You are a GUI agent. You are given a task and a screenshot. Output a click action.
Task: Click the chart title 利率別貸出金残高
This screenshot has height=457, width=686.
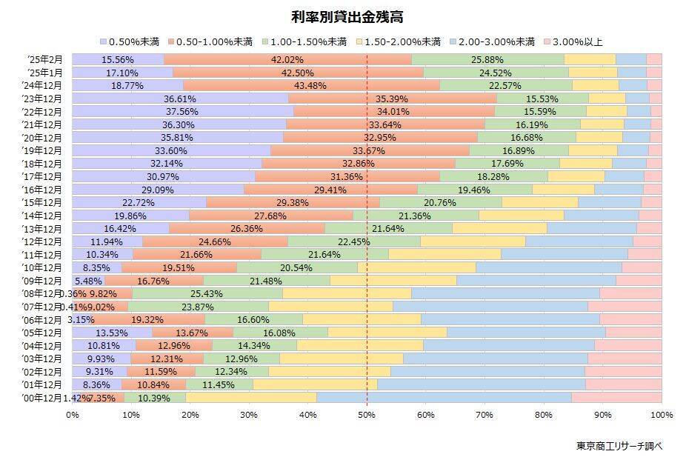pos(342,16)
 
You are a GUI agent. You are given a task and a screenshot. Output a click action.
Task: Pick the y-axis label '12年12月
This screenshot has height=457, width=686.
pos(43,241)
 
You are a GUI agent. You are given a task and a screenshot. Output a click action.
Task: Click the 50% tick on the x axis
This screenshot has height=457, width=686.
pos(367,414)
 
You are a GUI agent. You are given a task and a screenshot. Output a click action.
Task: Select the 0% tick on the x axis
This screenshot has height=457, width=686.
pos(73,414)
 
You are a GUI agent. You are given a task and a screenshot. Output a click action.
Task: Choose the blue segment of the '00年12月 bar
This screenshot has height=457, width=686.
pos(444,398)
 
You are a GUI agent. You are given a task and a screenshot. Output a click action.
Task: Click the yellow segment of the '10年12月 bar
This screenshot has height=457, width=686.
pos(417,267)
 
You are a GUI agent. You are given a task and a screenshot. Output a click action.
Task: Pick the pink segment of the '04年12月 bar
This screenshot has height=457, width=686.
pos(627,345)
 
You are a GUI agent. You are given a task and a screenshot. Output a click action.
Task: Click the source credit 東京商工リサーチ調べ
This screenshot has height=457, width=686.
pos(619,446)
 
